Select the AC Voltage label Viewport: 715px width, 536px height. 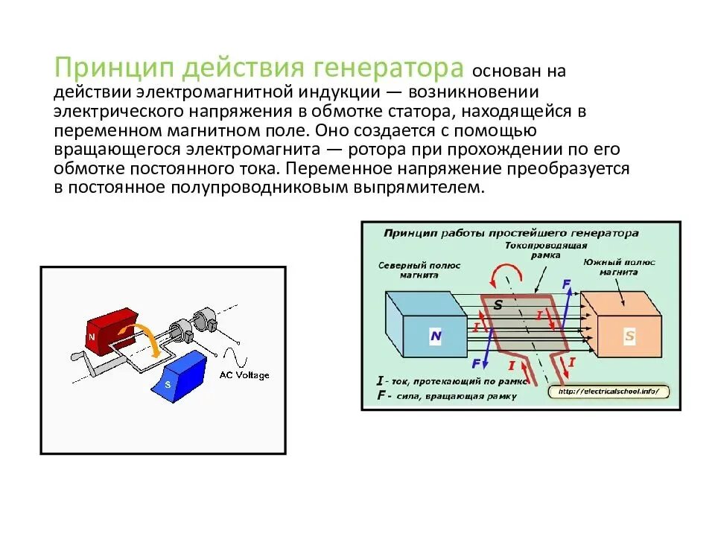coord(244,375)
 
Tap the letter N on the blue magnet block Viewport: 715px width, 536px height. coord(436,336)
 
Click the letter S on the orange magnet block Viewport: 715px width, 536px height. coord(629,336)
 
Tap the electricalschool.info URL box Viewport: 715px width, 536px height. coord(608,392)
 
